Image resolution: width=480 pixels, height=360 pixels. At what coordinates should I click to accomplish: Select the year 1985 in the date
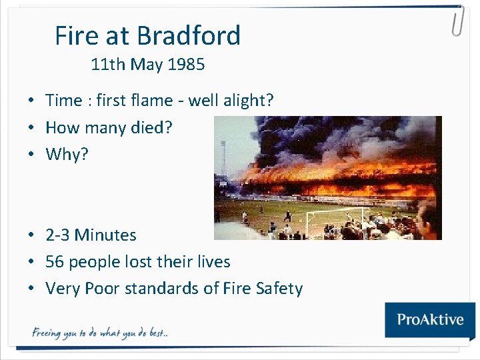pyautogui.click(x=187, y=65)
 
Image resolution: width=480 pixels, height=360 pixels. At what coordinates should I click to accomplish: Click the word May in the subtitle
pyautogui.click(x=147, y=65)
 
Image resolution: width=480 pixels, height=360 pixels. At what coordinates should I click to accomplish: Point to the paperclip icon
pyautogui.click(x=457, y=21)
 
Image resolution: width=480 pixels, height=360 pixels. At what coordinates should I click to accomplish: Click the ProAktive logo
pyautogui.click(x=430, y=319)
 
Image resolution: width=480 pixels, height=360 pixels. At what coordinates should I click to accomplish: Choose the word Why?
pyautogui.click(x=67, y=155)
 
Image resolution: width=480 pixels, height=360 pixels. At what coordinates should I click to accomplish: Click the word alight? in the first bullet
pyautogui.click(x=250, y=101)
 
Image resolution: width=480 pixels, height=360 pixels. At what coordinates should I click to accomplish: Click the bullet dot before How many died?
pyautogui.click(x=31, y=128)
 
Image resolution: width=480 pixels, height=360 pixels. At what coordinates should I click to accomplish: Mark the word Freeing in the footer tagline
pyautogui.click(x=47, y=333)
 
